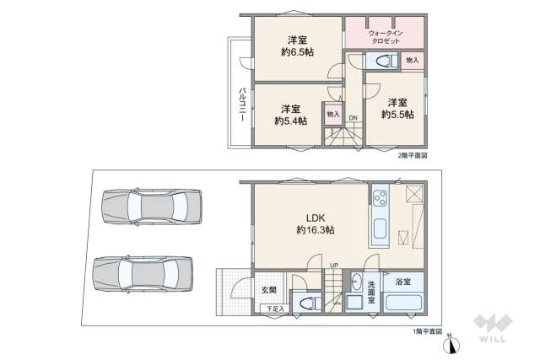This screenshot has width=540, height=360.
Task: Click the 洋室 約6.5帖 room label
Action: (296, 46)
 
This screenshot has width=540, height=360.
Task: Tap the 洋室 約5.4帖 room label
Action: (290, 115)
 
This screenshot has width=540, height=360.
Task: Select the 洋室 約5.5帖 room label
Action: (397, 108)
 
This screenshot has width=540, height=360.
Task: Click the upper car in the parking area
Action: (153, 207)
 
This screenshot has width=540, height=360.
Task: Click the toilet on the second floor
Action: (381, 61)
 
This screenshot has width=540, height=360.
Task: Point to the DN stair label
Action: (354, 117)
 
